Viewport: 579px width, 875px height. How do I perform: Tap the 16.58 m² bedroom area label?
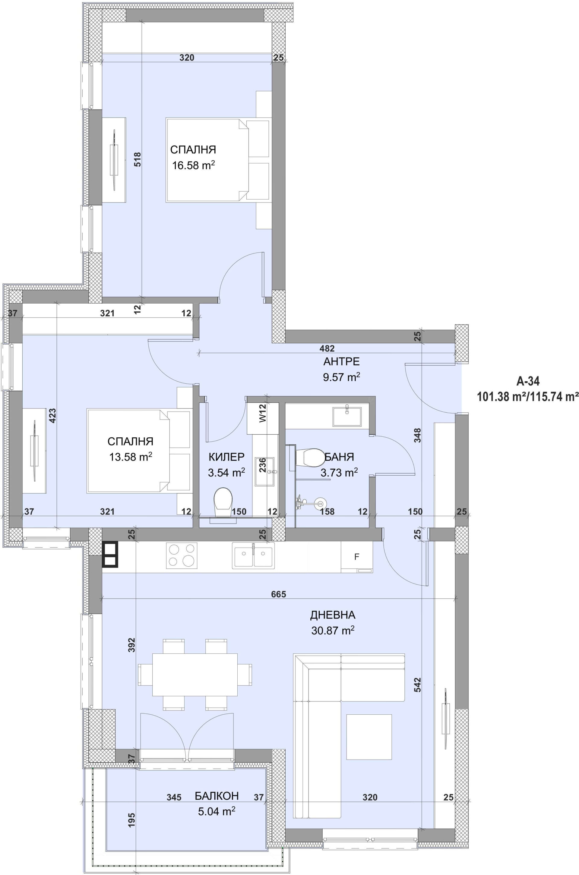point(194,165)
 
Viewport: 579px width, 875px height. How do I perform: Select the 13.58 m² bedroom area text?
point(131,457)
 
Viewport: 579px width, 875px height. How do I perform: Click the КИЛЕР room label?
point(226,457)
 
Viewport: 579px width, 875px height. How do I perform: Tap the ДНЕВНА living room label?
point(333,615)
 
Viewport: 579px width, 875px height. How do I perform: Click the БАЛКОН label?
point(217,796)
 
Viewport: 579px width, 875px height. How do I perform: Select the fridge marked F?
point(357,557)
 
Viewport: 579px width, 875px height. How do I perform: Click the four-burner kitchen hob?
point(182,556)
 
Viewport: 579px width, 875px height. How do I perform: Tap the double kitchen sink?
point(253,556)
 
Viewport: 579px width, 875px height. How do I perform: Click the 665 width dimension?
point(278,594)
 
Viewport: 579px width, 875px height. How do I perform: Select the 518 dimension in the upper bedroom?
point(138,159)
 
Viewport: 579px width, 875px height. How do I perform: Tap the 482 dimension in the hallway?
point(327,348)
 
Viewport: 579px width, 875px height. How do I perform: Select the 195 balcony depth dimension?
point(132,820)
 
